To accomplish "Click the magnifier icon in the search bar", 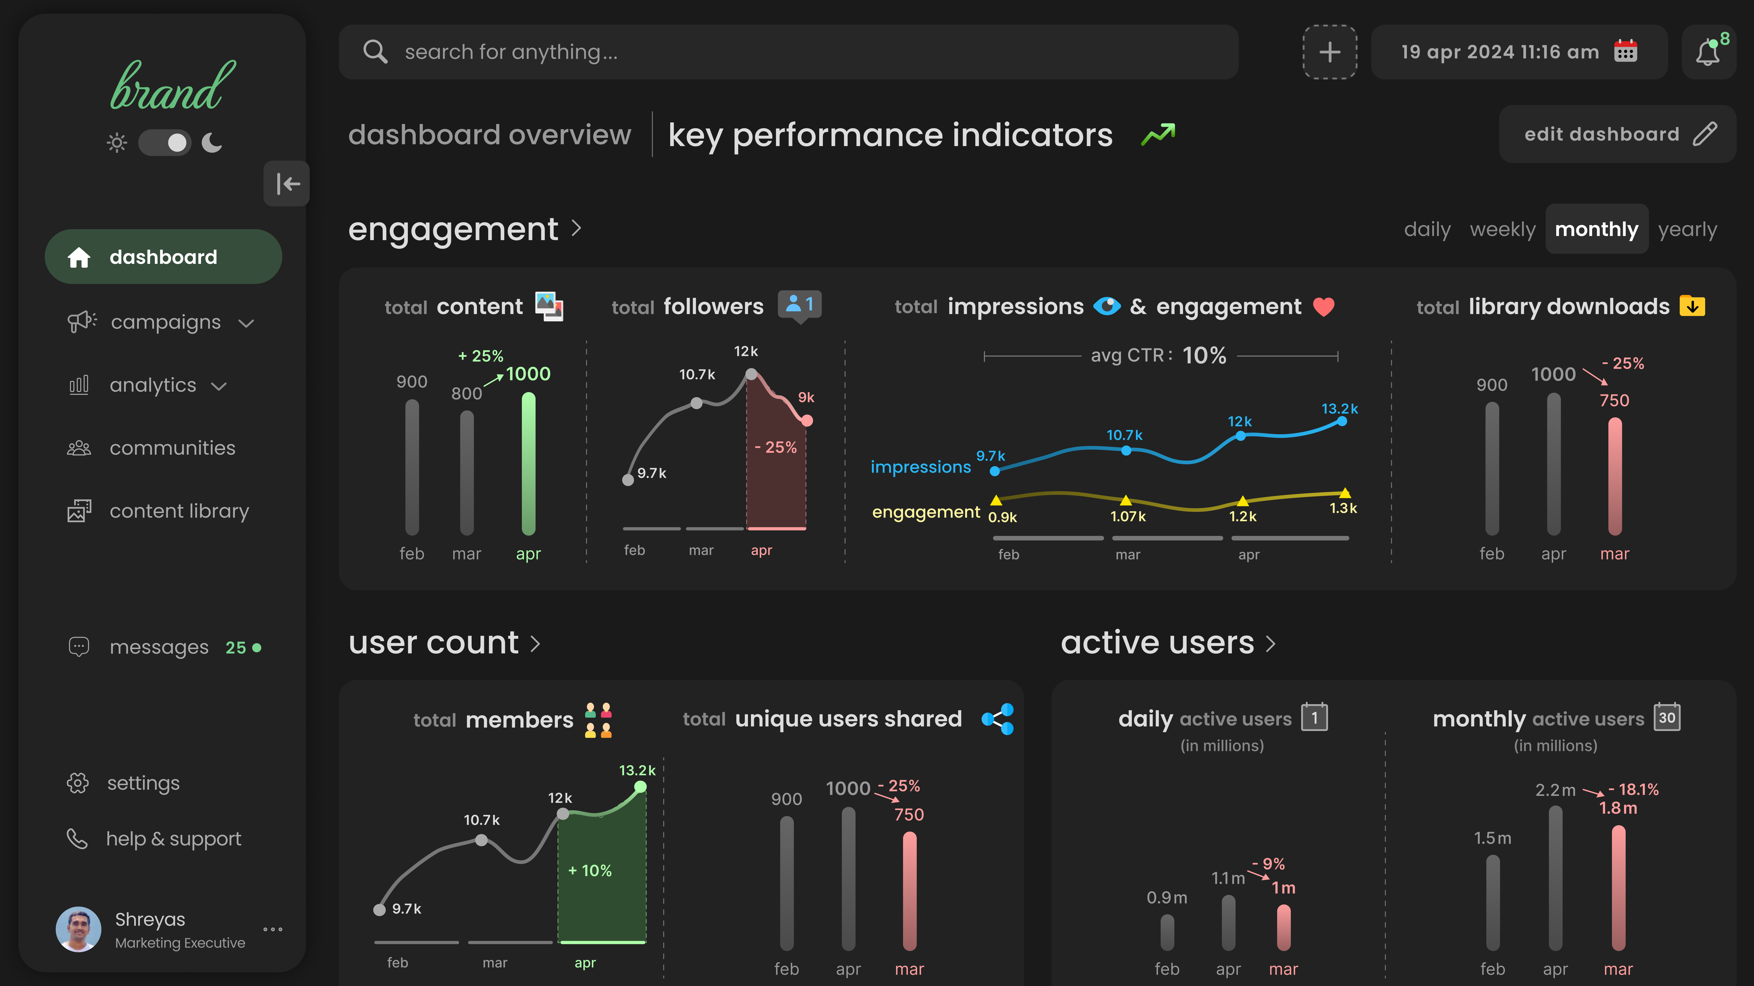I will pos(375,52).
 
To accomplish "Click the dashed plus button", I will pos(1329,52).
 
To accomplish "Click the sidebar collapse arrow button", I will pos(287,184).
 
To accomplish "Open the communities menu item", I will pos(172,448).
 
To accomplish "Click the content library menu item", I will pos(179,511).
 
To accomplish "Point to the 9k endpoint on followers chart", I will pos(807,420).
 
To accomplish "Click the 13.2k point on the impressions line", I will pos(1341,421).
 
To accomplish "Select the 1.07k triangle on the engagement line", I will pos(1126,500).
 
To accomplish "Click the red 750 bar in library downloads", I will pos(1614,476).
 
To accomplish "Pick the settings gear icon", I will pos(78,783).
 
